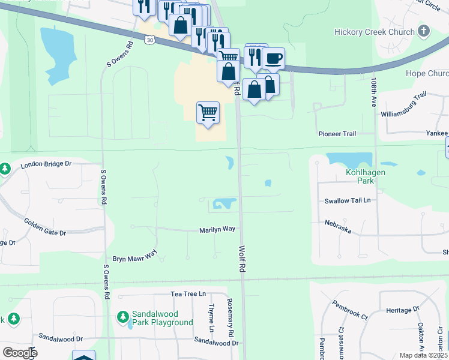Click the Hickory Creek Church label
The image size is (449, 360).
coord(375,32)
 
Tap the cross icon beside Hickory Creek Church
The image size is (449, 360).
coord(424,31)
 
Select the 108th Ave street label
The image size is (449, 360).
coord(373,91)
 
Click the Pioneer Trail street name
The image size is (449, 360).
coord(337,134)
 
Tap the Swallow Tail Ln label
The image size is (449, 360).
coord(348,201)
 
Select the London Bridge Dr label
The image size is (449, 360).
coord(46,164)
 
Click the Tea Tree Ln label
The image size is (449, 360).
coord(188,294)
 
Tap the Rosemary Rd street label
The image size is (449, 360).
coord(230,317)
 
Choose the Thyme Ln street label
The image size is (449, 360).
coord(211,318)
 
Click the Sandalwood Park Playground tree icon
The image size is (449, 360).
coord(123,316)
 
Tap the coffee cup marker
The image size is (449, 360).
coord(274,58)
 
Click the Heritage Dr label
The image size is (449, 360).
coord(402,310)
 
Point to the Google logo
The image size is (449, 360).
coord(19,353)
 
